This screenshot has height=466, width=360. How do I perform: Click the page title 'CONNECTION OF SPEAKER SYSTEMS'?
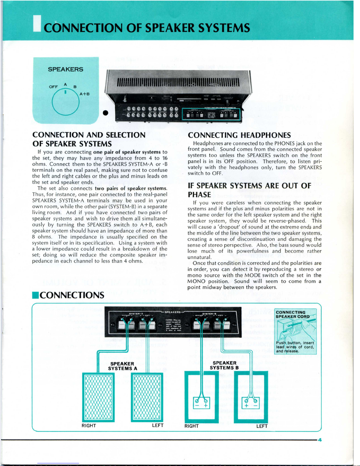click(147, 28)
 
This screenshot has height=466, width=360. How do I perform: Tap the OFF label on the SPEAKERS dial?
click(53, 87)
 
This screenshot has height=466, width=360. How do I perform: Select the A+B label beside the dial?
click(85, 94)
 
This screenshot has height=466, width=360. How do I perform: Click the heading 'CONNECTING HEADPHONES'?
click(239, 135)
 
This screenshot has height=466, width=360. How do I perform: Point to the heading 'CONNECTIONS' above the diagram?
click(72, 295)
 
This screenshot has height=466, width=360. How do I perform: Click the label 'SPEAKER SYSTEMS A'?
click(122, 366)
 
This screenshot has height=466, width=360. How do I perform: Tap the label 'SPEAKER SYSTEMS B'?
click(224, 365)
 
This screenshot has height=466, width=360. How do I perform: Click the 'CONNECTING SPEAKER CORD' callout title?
click(292, 314)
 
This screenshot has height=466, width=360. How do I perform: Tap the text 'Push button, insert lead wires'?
click(295, 345)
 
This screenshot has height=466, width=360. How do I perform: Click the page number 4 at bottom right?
click(320, 440)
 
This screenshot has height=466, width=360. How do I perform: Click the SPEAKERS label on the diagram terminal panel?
click(173, 312)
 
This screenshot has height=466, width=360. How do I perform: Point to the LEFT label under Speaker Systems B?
click(262, 426)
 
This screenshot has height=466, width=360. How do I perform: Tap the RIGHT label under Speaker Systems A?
click(89, 425)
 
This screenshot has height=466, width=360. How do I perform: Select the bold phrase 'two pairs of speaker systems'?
click(131, 188)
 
